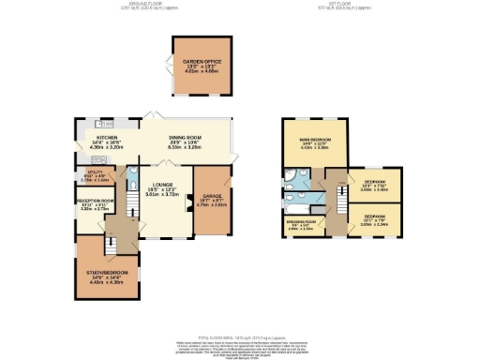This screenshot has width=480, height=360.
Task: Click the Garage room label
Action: [x=209, y=196]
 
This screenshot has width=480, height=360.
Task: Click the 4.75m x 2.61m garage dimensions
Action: [x=209, y=202]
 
